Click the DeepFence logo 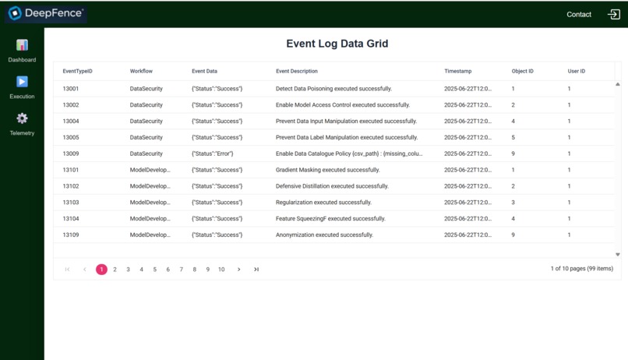pos(45,13)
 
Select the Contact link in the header pos(578,14)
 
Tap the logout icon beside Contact pos(613,14)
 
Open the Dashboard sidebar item pos(22,51)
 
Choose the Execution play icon pos(22,82)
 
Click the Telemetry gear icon pos(22,118)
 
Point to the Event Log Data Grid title pos(337,44)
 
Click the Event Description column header pos(297,71)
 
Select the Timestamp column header pos(457,71)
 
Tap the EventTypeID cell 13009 pos(71,154)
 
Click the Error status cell pos(212,154)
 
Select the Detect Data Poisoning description pos(333,89)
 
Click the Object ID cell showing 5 pos(513,137)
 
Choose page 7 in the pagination pos(181,270)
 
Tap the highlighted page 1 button pos(101,270)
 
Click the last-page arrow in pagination pos(256,270)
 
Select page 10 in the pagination pos(221,270)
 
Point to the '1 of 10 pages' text pos(581,269)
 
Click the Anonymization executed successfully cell pos(324,235)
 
